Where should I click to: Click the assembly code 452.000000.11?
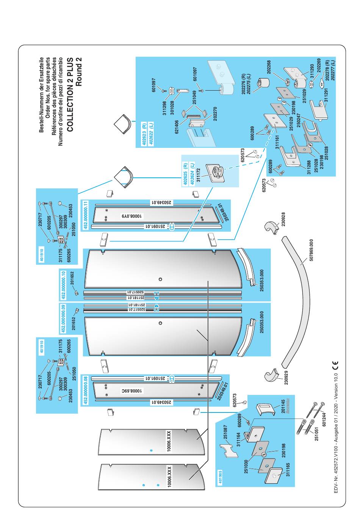pyautogui.click(x=86, y=214)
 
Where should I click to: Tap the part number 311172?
pyautogui.click(x=198, y=174)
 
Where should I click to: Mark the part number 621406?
pyautogui.click(x=177, y=127)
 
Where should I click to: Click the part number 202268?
pyautogui.click(x=269, y=67)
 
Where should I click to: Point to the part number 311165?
pyautogui.click(x=288, y=470)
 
